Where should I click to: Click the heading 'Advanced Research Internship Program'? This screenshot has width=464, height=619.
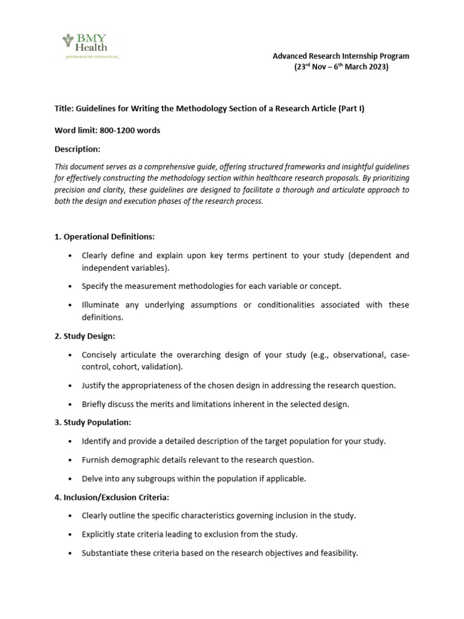pyautogui.click(x=341, y=56)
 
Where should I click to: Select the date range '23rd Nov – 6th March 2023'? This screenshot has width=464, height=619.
pyautogui.click(x=341, y=67)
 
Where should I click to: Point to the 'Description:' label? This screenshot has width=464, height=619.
pyautogui.click(x=77, y=149)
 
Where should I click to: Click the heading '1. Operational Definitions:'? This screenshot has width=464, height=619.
pyautogui.click(x=105, y=236)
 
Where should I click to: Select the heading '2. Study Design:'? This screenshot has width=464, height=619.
pyautogui.click(x=85, y=335)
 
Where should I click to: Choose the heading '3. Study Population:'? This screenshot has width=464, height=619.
pyautogui.click(x=92, y=422)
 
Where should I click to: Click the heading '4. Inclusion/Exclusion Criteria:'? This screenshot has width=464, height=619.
pyautogui.click(x=112, y=497)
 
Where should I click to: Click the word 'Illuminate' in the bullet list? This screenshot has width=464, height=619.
pyautogui.click(x=101, y=305)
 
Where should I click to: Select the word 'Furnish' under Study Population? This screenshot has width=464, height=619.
pyautogui.click(x=95, y=460)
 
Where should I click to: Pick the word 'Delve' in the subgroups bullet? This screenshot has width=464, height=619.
pyautogui.click(x=92, y=479)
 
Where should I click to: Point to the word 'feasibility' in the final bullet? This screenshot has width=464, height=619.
pyautogui.click(x=338, y=553)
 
